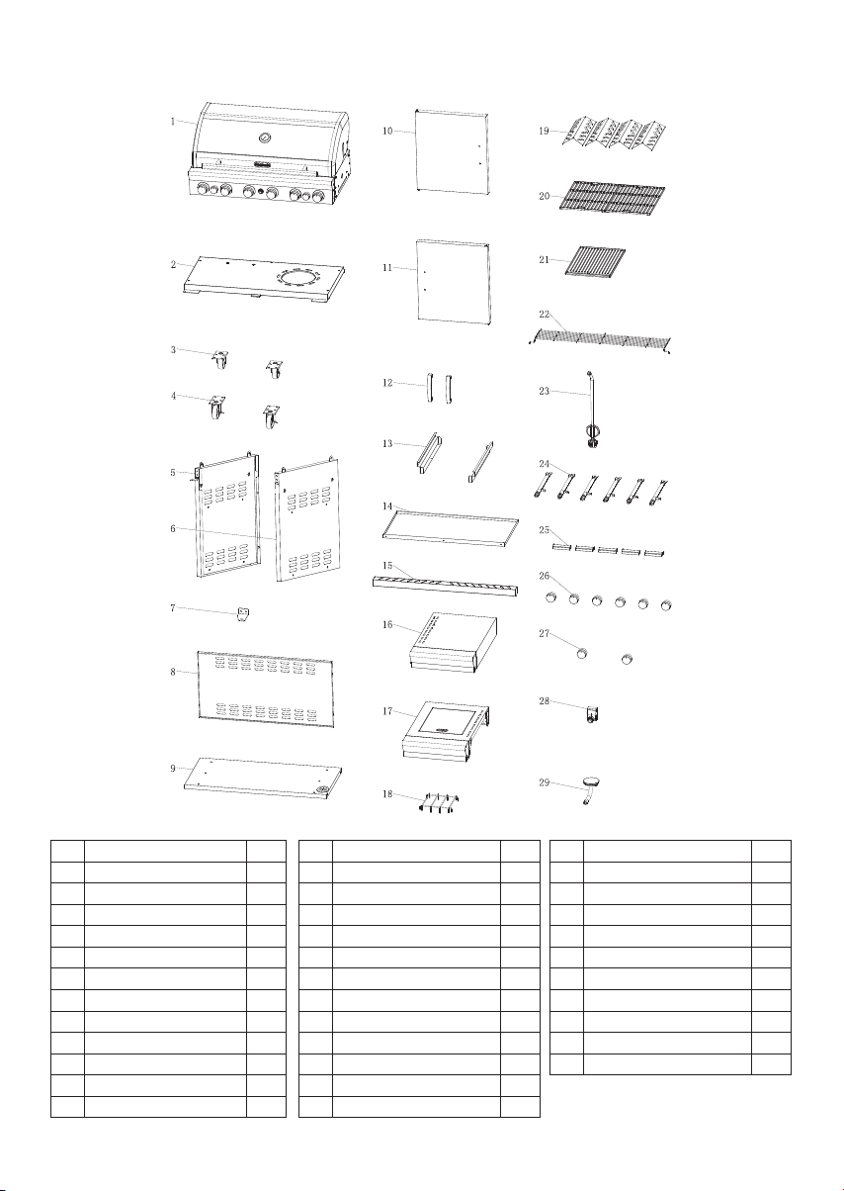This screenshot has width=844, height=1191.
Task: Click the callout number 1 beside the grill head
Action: pos(173,122)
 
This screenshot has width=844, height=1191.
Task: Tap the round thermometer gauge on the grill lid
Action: pos(264,138)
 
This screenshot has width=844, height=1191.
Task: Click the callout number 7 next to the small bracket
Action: pos(173,607)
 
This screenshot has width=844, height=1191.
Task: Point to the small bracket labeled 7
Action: pos(243,614)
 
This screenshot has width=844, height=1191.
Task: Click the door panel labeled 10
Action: pos(452,151)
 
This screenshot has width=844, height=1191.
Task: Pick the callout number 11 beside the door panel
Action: pos(387,267)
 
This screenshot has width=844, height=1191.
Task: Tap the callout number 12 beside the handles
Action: pos(387,382)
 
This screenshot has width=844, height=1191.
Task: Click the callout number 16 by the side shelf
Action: pos(387,624)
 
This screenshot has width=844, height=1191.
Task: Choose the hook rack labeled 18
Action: pos(439,802)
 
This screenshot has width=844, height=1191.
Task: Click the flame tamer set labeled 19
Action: pos(614,133)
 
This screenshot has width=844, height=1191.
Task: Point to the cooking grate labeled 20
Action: pos(612,196)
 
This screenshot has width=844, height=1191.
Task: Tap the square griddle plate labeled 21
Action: pos(595,261)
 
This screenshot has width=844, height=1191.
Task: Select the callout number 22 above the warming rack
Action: pos(544,315)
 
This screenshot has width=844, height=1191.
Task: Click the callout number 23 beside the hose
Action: pos(544,391)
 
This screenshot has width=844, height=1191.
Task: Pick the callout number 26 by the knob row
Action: pos(544,576)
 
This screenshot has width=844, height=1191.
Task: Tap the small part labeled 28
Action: pos(593,713)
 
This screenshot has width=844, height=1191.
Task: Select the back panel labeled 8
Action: pos(266,688)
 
